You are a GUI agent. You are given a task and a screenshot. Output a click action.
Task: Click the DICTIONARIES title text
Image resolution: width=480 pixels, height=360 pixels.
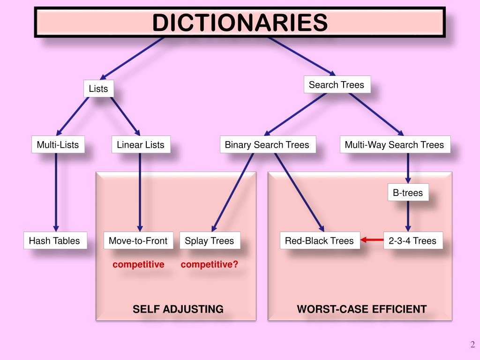(240, 22)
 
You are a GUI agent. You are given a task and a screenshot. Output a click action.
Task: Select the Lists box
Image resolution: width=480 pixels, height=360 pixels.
(98, 89)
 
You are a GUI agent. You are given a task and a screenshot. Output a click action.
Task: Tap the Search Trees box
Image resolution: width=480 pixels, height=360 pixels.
(337, 85)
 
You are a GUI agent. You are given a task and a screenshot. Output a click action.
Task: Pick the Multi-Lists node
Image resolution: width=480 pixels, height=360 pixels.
(58, 144)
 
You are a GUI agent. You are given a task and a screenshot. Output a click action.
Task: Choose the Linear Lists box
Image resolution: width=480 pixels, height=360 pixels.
(141, 144)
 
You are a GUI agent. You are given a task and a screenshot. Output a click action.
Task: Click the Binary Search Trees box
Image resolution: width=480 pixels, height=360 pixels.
(267, 144)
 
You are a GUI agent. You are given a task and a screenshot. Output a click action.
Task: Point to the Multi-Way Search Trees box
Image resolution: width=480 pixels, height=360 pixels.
(394, 144)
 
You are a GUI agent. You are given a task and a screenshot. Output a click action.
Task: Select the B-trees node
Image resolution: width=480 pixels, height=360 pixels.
(408, 193)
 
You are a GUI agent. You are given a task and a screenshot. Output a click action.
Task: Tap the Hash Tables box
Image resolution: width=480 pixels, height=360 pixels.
(55, 240)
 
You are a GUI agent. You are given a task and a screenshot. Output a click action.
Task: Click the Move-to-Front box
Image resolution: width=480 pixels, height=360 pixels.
(138, 240)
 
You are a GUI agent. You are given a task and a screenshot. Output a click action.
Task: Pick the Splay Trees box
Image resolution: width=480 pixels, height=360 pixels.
(210, 240)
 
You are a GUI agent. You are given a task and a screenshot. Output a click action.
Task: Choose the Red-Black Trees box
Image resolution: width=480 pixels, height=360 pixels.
(320, 240)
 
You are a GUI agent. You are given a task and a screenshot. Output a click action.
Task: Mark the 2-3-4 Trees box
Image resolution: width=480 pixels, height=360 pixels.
(412, 240)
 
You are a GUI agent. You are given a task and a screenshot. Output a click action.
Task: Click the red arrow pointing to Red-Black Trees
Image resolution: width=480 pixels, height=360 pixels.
(372, 240)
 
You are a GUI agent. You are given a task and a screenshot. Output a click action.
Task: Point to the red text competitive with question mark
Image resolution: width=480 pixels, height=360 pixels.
(210, 264)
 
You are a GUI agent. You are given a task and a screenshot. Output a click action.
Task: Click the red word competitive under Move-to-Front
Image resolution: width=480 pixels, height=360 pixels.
(138, 264)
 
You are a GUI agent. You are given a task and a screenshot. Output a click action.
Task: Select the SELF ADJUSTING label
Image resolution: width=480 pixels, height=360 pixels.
(178, 309)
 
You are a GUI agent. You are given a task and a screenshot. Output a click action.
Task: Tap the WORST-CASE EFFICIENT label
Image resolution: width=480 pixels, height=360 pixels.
(362, 309)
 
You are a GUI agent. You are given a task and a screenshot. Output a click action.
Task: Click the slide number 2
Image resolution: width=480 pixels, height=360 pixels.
(472, 345)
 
